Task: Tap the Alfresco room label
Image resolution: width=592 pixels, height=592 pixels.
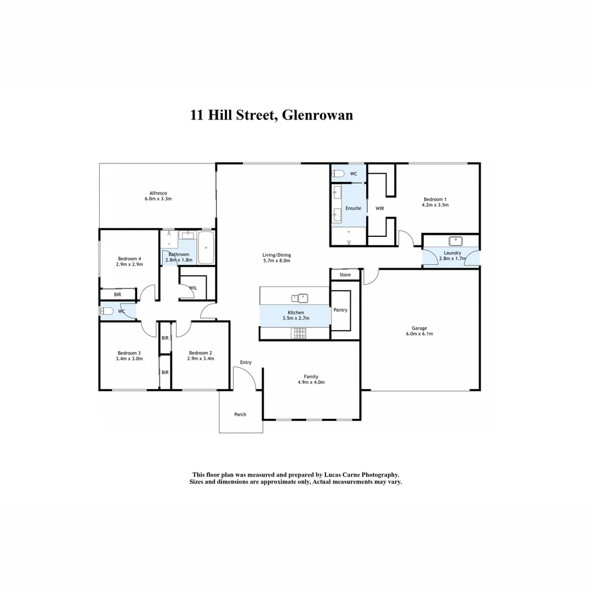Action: click(158, 193)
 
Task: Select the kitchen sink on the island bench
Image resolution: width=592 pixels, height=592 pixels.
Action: click(300, 298)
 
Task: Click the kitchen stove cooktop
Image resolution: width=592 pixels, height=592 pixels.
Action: click(300, 333)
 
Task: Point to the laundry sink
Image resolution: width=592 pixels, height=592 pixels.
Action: click(454, 241)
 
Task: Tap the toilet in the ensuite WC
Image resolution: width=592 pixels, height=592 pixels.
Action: click(338, 174)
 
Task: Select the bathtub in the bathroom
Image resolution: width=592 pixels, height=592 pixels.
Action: click(206, 247)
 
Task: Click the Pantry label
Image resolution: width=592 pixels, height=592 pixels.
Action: click(340, 310)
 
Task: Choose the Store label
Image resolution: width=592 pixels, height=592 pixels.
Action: click(345, 275)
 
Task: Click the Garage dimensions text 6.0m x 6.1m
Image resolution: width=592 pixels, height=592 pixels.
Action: click(419, 334)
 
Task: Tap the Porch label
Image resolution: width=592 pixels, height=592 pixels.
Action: click(240, 414)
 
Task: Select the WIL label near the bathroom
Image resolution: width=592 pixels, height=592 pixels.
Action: click(193, 287)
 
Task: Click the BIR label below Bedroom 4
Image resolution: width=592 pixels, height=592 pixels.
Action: click(117, 294)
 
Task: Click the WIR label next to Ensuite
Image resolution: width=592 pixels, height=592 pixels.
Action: click(379, 208)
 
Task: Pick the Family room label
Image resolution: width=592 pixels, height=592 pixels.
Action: click(311, 377)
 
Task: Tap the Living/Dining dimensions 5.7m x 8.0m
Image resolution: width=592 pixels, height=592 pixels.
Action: click(276, 260)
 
